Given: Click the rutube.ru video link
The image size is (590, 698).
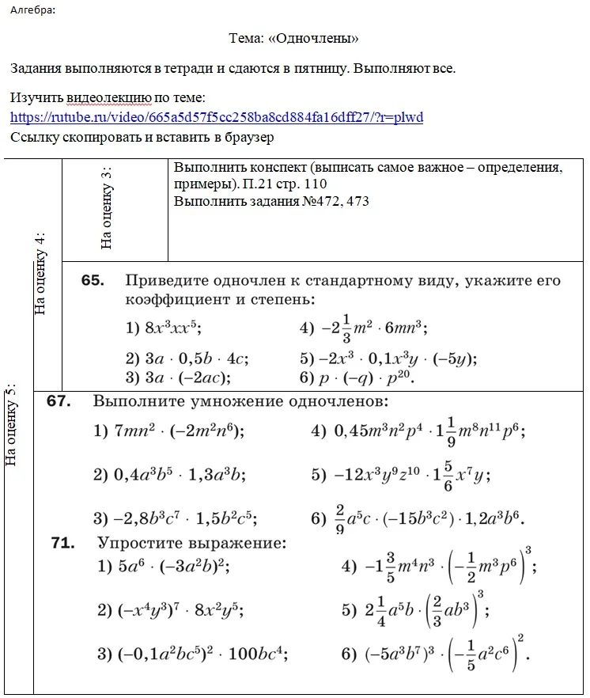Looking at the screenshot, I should (x=217, y=118).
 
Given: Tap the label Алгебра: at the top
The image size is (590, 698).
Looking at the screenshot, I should (x=32, y=10).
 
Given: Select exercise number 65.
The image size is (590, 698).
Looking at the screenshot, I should (x=93, y=281).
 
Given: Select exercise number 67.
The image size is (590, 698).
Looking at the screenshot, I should (x=59, y=401).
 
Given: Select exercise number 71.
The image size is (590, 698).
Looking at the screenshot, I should (x=62, y=543).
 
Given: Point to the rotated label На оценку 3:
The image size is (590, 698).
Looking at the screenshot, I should (x=107, y=208).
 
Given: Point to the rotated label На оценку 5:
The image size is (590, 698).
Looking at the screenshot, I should (x=11, y=425).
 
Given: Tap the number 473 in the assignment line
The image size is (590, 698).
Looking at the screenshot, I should (x=357, y=202).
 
